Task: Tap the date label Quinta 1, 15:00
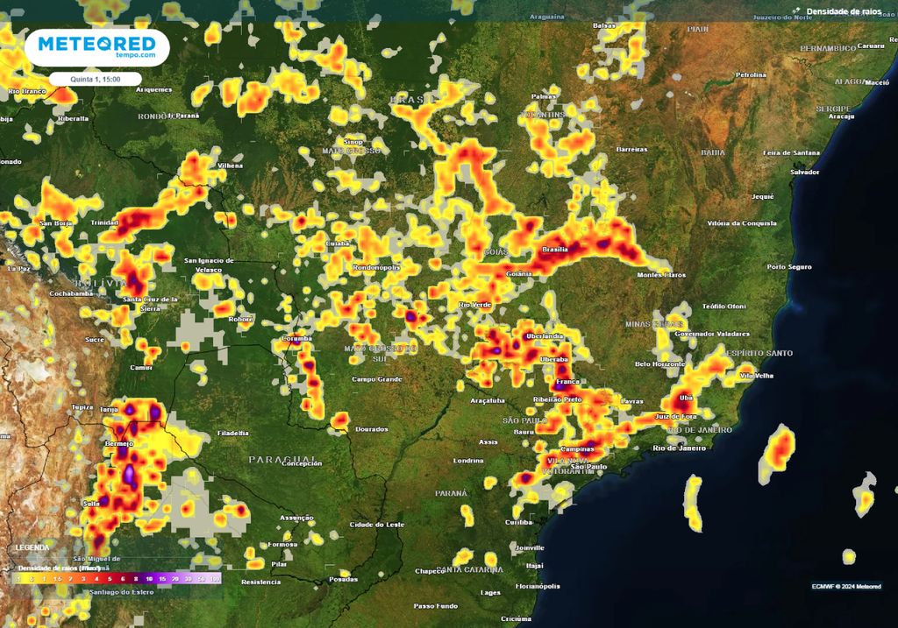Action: (x=96, y=79)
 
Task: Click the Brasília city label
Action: (x=555, y=250)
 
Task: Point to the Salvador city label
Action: (x=804, y=173)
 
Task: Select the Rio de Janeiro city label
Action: (x=679, y=448)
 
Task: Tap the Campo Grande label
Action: (x=376, y=379)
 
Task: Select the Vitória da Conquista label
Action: (x=742, y=223)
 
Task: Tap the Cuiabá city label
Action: (x=338, y=243)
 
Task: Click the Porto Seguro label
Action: (x=788, y=266)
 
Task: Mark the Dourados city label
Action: (x=371, y=429)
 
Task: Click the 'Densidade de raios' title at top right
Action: (x=844, y=11)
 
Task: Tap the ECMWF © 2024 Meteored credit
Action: (x=846, y=586)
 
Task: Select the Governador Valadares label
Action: (x=712, y=334)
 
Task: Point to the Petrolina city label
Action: (x=751, y=75)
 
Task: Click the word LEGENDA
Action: (x=32, y=547)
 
